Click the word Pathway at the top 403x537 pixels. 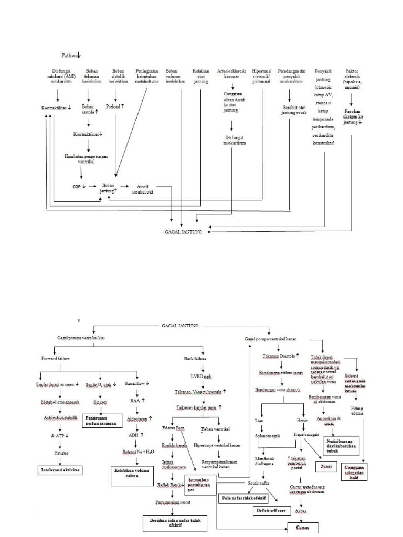tap(70, 55)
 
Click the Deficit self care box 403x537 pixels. tap(271, 510)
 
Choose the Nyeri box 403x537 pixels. tap(325, 466)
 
